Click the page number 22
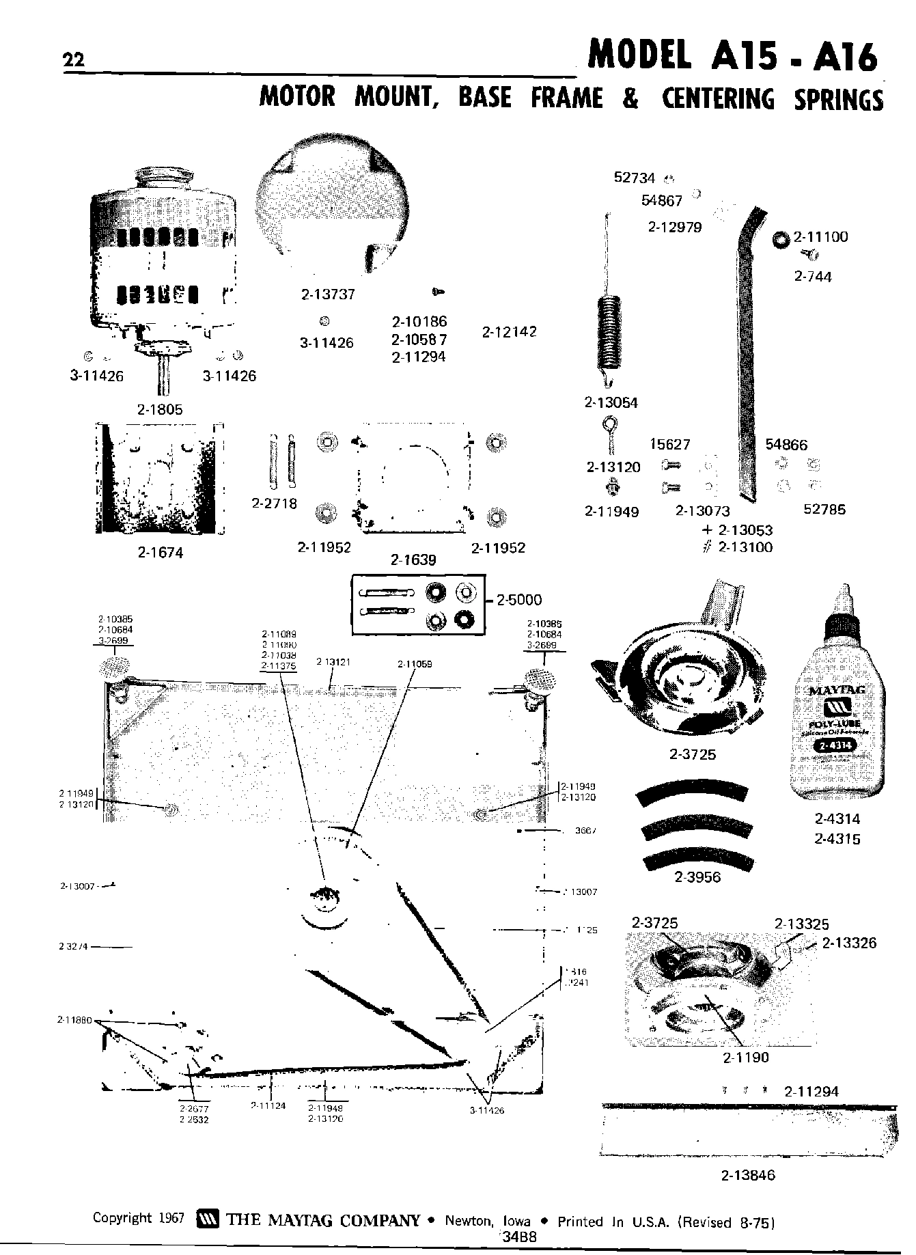[72, 61]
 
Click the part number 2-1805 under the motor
[159, 409]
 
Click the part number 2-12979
[674, 227]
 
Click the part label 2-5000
[519, 600]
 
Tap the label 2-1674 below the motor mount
[161, 553]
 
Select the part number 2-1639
[413, 560]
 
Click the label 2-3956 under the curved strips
[697, 877]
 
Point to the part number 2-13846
[748, 1176]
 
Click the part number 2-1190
[746, 1057]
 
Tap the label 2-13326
[849, 943]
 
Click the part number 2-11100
[820, 237]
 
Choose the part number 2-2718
[274, 504]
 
